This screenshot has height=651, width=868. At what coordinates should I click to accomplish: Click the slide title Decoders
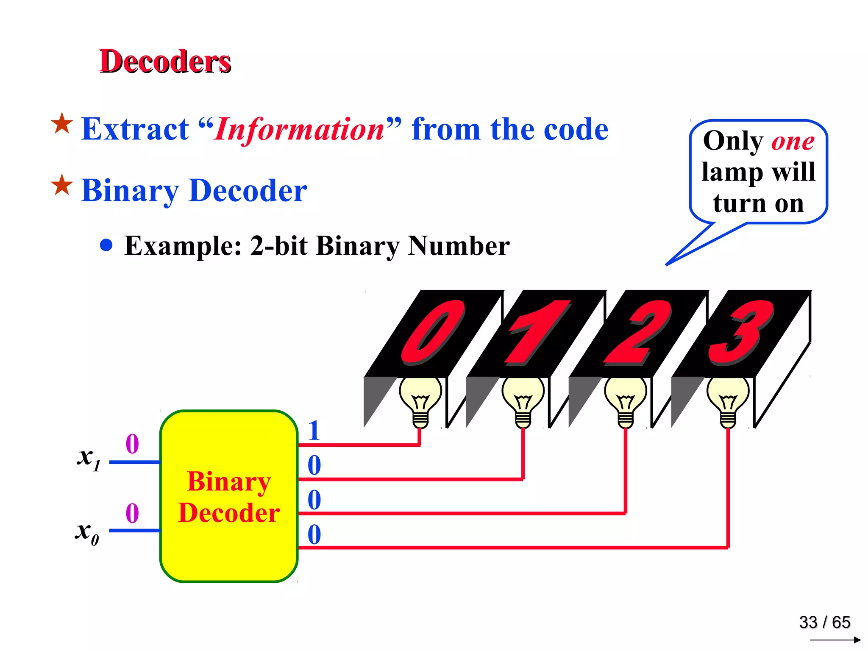click(x=165, y=61)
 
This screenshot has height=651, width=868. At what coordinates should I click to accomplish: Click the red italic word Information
click(x=299, y=129)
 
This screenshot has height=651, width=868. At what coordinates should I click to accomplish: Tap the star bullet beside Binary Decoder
click(x=62, y=185)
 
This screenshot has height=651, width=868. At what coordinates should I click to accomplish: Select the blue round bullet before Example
click(x=106, y=245)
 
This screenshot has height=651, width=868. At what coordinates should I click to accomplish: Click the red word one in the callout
click(x=793, y=141)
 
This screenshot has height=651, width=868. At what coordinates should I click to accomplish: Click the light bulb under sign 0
click(x=420, y=401)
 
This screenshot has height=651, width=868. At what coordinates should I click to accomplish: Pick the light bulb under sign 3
click(x=728, y=401)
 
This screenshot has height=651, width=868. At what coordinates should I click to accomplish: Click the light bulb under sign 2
click(x=625, y=401)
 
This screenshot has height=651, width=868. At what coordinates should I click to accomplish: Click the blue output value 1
click(x=314, y=431)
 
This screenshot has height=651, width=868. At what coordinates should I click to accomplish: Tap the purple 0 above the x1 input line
click(x=132, y=444)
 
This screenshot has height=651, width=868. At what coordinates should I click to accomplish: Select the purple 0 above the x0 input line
click(x=132, y=513)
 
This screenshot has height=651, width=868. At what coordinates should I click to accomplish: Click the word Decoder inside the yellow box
click(x=229, y=513)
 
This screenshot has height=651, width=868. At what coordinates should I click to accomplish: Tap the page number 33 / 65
click(x=824, y=622)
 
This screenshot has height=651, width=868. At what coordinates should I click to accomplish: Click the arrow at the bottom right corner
click(x=835, y=640)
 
